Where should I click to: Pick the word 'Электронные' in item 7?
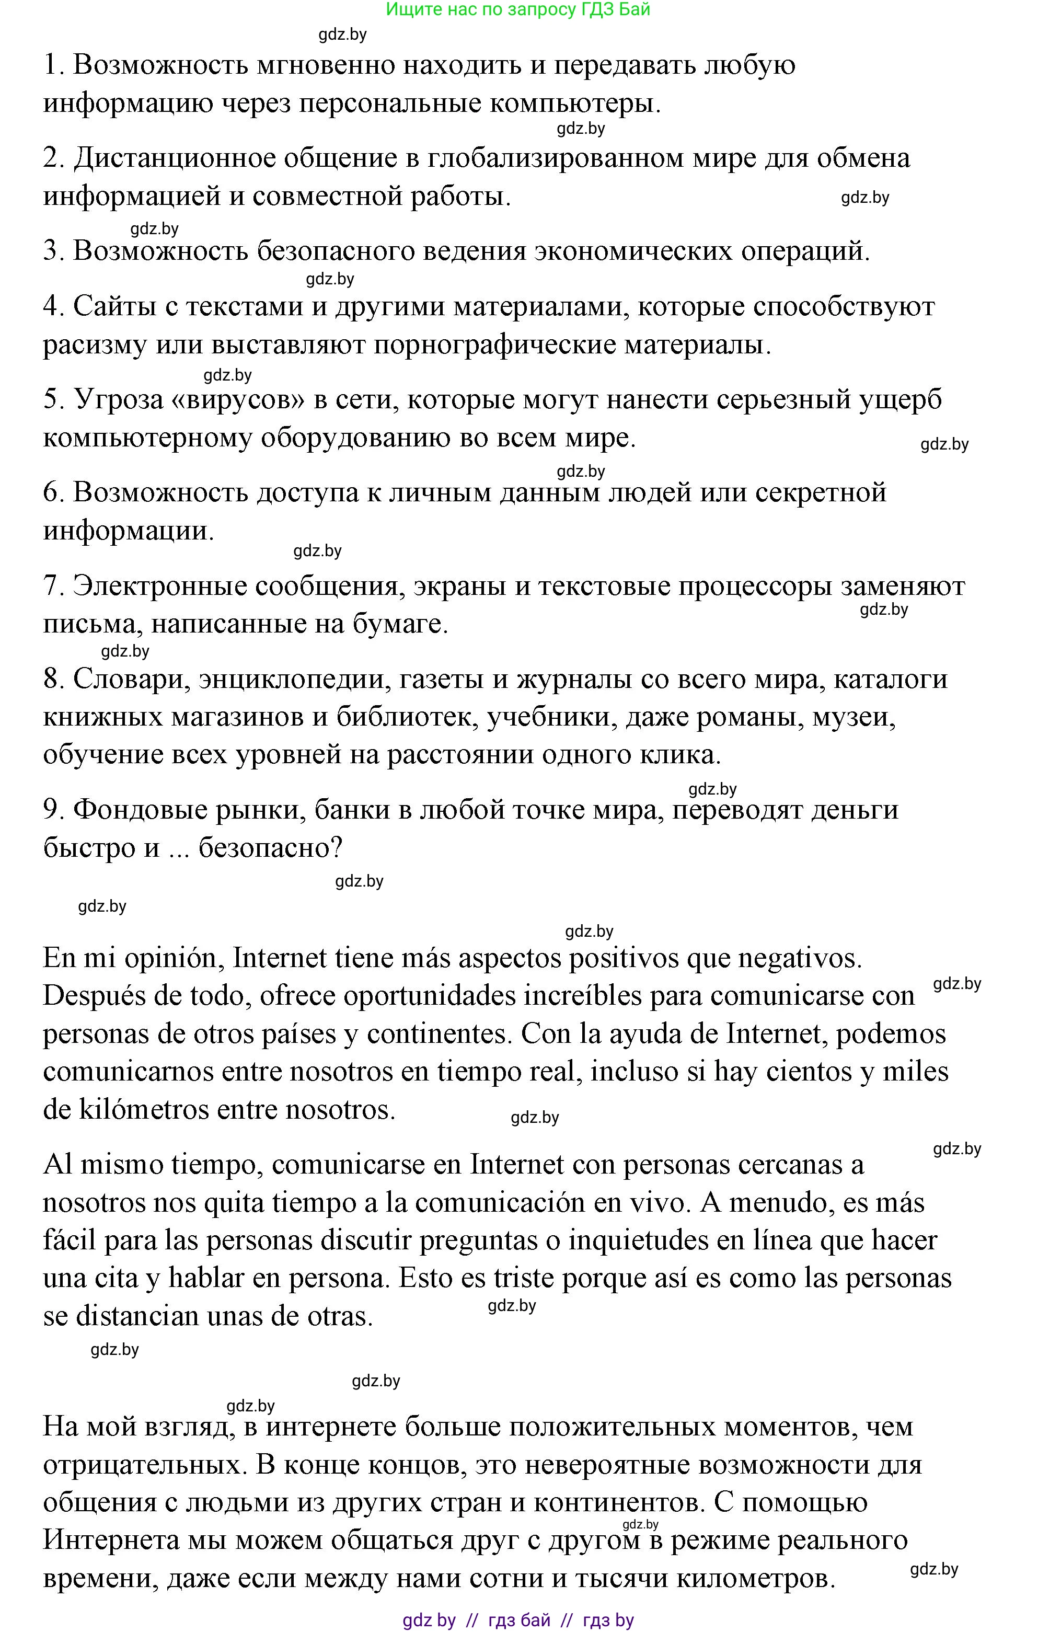point(159,586)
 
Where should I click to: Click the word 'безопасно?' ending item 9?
point(270,848)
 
